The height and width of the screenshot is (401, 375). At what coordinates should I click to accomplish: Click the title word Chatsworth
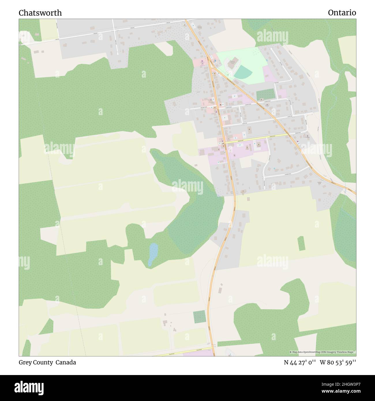click(x=40, y=13)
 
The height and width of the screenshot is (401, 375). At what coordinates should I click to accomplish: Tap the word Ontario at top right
click(x=342, y=13)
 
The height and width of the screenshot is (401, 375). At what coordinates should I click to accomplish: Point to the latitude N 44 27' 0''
click(x=300, y=362)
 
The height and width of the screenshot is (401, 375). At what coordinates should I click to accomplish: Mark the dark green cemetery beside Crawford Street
click(x=265, y=94)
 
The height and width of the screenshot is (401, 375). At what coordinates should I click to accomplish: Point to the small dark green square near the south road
click(x=199, y=317)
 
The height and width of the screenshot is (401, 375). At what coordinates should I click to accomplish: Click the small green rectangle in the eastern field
click(x=301, y=243)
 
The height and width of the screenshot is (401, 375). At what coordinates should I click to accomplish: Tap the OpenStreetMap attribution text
click(x=322, y=352)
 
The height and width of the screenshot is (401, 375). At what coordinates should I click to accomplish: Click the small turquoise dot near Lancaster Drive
click(x=274, y=168)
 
